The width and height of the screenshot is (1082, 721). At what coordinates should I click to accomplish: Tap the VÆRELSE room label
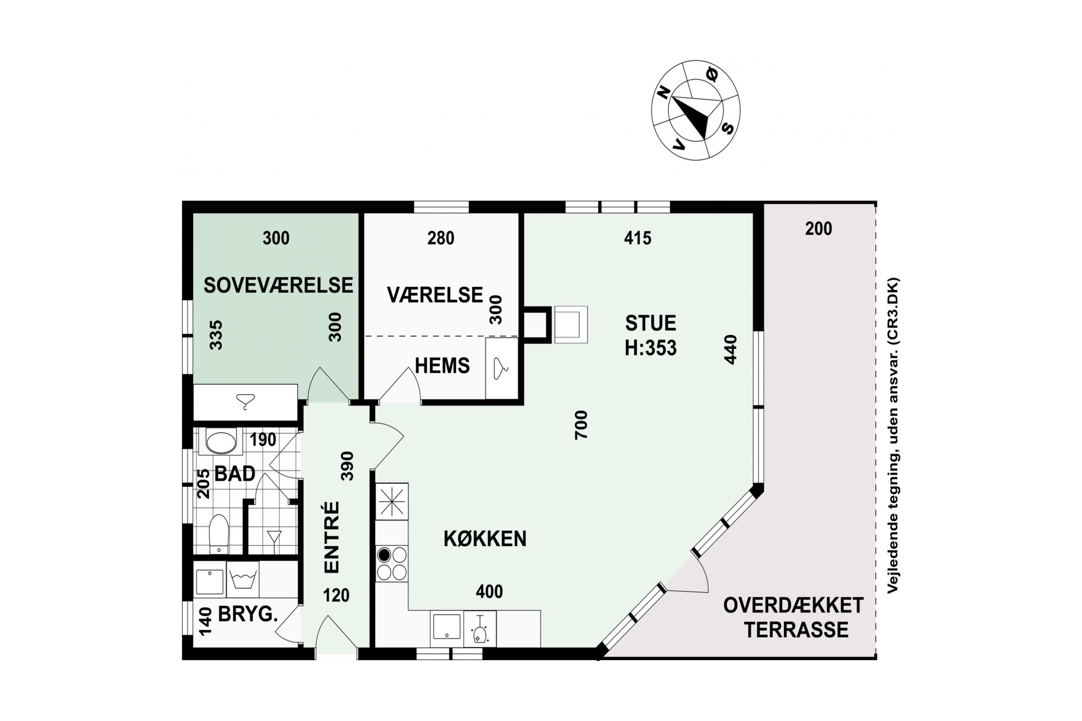pos(435,295)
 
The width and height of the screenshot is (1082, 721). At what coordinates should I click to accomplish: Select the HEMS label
pos(442,366)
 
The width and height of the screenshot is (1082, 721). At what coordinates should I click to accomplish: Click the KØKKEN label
pos(485,539)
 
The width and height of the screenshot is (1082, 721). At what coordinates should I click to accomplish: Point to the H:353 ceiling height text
pos(651,348)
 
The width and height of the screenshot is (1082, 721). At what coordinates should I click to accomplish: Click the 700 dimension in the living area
pos(581,425)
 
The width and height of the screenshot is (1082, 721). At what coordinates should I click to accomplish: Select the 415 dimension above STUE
pos(638,238)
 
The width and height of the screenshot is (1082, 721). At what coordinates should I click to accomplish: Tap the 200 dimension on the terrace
pos(818,229)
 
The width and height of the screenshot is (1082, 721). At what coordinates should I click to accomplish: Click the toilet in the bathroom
pos(219,534)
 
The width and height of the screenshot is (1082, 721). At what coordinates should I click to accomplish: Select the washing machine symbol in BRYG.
pos(242,580)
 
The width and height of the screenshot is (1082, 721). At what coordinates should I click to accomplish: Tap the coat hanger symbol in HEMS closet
pos(501,368)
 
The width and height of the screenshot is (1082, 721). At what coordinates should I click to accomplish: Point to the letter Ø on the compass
pos(711,75)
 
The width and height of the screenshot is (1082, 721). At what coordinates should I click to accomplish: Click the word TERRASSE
pos(796,630)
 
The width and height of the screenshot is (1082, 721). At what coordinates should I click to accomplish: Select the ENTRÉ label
pos(332,537)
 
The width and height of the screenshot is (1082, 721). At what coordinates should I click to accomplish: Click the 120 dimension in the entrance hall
pos(336,596)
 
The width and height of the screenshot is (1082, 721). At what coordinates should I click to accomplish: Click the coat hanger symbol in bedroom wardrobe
pos(245,402)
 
